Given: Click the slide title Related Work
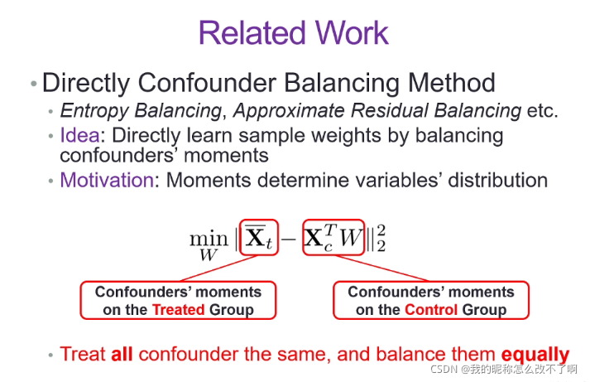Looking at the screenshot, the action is [294, 32].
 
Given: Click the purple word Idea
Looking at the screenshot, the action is [76, 135].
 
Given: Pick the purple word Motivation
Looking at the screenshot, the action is [107, 180].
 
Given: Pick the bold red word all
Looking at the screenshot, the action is [121, 354].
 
